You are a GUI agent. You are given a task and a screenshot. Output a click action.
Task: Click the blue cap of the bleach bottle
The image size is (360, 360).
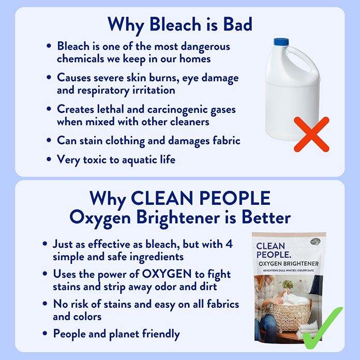point(281,42)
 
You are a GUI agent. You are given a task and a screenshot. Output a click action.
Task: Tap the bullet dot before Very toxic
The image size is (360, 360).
point(49,159)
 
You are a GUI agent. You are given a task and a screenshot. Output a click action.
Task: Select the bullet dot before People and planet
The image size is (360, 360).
point(45,334)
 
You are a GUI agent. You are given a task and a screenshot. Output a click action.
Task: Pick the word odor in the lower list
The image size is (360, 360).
point(165,286)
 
